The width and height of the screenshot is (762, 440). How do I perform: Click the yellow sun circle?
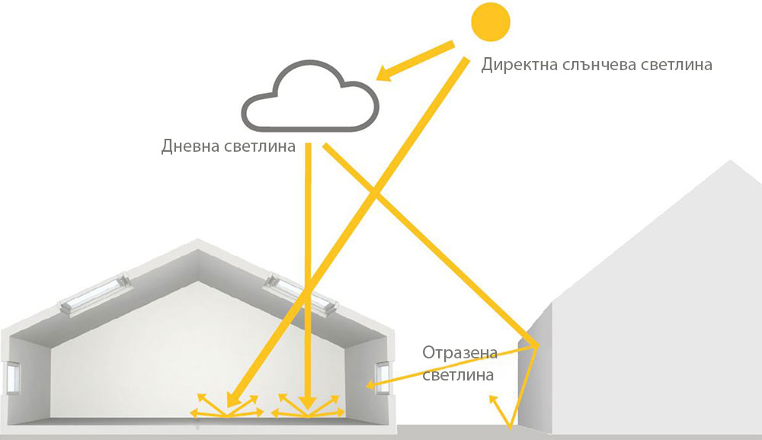point(491,22)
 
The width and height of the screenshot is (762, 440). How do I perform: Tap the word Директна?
point(520,65)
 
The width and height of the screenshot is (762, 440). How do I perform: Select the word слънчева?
point(598,65)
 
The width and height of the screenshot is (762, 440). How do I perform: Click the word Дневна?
point(190,146)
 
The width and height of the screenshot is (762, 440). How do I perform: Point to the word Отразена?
point(459,352)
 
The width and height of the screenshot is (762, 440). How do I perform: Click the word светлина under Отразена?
point(458,375)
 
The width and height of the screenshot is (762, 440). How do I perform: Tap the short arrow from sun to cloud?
point(415,61)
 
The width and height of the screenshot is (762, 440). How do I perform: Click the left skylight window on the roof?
point(95,294)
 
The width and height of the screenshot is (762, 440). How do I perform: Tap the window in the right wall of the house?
point(383,377)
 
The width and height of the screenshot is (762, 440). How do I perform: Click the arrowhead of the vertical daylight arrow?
point(307,403)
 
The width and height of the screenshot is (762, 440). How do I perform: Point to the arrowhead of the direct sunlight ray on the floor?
point(233,399)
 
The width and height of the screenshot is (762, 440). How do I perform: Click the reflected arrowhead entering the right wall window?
point(371,386)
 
